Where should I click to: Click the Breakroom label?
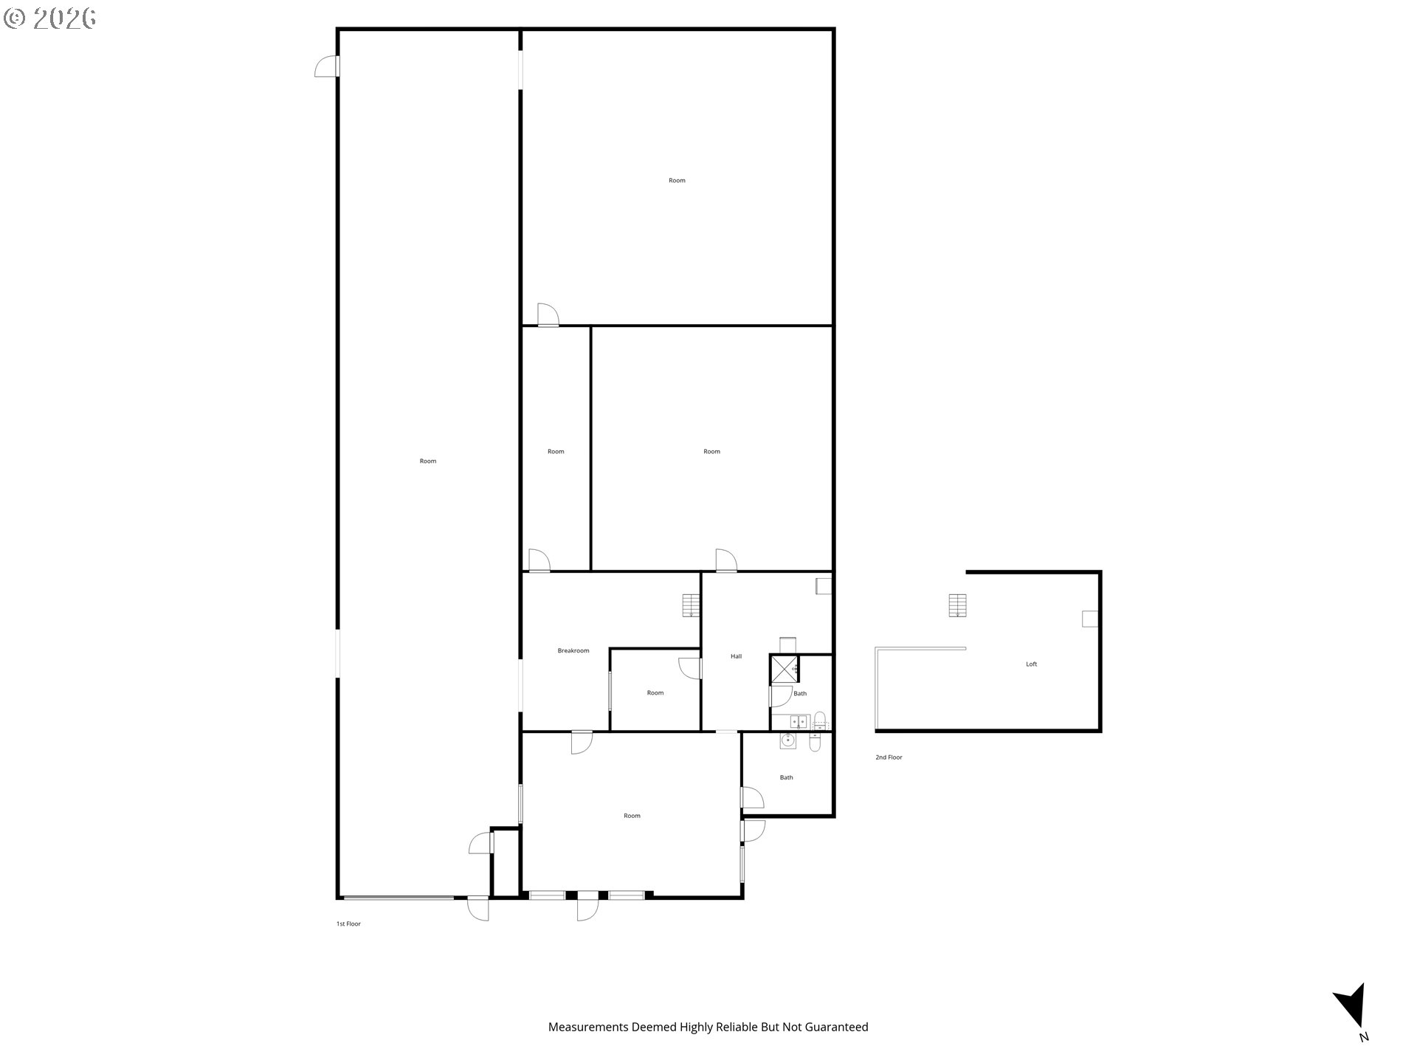tap(573, 651)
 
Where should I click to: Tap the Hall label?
tap(736, 656)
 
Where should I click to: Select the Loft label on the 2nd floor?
tap(1032, 664)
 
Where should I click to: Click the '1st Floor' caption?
tap(348, 924)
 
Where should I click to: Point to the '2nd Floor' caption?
tap(889, 757)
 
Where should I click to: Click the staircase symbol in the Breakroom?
tap(691, 605)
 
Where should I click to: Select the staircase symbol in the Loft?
tap(957, 605)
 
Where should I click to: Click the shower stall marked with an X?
tap(785, 669)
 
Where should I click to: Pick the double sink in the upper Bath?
tap(798, 721)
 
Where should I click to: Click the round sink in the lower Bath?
tap(788, 741)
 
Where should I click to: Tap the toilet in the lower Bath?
tap(814, 742)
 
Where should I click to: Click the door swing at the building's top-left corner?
tap(326, 66)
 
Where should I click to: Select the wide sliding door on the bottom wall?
tap(399, 898)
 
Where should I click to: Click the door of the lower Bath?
tap(752, 798)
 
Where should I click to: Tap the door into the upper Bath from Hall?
tap(781, 697)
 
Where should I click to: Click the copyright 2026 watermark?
tap(49, 18)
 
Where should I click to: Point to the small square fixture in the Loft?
tap(1090, 619)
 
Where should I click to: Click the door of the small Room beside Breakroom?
tap(690, 668)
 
